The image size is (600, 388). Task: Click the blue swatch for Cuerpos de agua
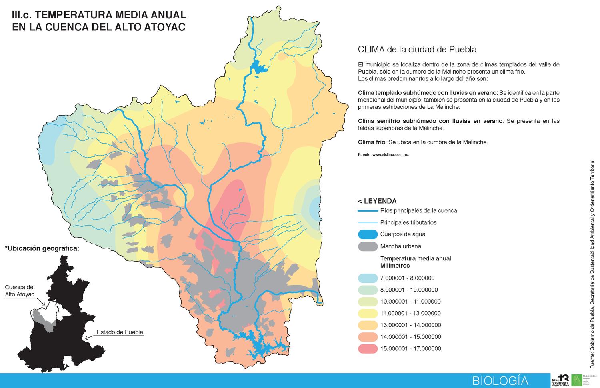pos(368,234)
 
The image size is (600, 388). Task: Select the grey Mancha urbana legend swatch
pos(368,246)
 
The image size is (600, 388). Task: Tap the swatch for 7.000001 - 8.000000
pos(368,278)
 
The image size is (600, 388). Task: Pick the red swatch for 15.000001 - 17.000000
pos(368,348)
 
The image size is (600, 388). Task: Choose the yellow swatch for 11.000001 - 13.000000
pos(368,313)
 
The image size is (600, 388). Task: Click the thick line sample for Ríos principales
pos(368,211)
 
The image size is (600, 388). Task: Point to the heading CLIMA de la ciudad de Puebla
pos(417,50)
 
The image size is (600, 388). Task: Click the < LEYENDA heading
pos(377,201)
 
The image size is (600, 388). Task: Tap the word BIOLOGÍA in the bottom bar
pos(500,380)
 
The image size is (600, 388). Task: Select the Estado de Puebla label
pos(120,332)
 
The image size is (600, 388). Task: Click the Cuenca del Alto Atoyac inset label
pos(20,291)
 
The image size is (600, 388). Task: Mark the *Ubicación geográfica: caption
pos(42,248)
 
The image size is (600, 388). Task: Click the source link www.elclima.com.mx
pos(390,154)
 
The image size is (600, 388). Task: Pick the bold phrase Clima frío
pos(372,142)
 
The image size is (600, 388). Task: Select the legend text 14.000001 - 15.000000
pos(410,337)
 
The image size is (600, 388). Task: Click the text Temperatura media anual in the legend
pos(416,258)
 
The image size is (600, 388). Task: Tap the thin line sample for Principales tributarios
pos(368,223)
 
